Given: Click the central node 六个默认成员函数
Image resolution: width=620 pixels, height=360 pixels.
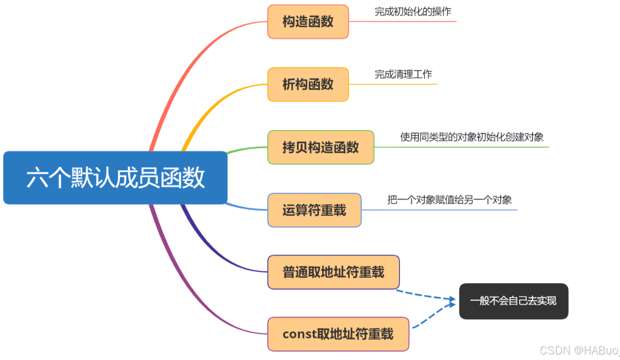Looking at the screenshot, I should (115, 178).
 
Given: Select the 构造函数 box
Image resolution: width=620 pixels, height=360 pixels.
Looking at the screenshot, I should (308, 21).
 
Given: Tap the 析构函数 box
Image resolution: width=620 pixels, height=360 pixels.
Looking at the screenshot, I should (308, 84).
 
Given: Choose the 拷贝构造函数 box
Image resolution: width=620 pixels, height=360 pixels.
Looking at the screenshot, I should (321, 147).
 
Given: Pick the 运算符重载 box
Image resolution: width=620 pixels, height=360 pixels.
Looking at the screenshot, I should (314, 210).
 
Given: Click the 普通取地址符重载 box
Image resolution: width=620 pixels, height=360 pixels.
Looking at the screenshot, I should (333, 272).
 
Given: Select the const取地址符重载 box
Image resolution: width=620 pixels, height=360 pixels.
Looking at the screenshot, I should (338, 334).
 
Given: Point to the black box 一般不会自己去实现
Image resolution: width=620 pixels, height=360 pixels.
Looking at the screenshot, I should (513, 301).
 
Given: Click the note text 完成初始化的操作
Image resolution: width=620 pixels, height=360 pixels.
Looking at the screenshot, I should (413, 11).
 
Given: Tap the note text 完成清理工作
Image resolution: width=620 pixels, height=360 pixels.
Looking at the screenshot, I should (404, 74).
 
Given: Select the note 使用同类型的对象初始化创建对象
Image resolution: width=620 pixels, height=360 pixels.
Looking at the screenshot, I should (472, 137).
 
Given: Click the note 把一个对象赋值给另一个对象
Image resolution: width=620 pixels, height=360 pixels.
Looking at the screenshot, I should (449, 200).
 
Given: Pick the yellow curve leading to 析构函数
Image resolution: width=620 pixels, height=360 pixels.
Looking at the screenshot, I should (209, 107).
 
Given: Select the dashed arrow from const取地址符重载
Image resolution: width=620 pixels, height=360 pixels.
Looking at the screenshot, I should (431, 314).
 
